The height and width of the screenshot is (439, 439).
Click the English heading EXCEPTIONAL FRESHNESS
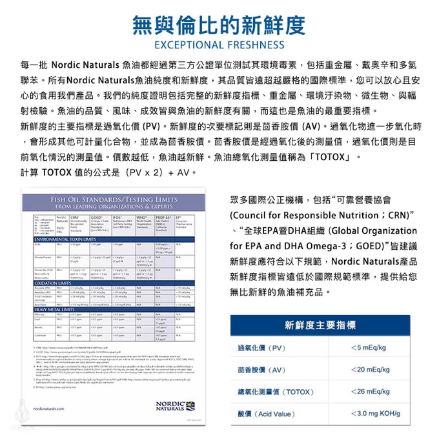219,46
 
